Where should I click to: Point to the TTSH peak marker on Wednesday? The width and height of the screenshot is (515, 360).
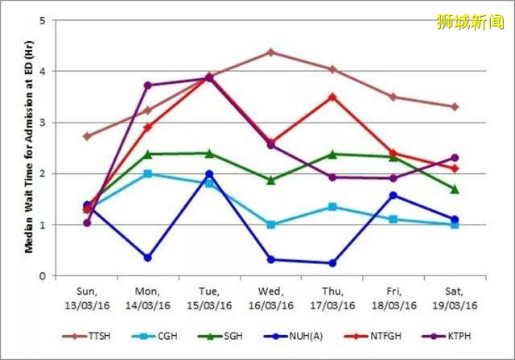[x=270, y=52]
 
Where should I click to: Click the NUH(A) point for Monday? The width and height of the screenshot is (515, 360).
[x=148, y=258]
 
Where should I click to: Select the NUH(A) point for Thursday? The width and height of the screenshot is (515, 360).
[x=332, y=263]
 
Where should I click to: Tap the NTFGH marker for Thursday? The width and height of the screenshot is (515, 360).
[x=332, y=97]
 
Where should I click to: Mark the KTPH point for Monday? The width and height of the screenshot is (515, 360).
[x=148, y=85]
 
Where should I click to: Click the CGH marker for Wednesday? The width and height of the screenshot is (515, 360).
[x=270, y=225]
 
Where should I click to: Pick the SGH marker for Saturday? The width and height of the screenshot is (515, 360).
[x=455, y=189]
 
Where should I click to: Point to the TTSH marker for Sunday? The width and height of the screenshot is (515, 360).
[x=87, y=136]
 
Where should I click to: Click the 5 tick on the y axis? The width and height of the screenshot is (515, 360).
[x=42, y=20]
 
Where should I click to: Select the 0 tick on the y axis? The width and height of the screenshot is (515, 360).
[x=42, y=276]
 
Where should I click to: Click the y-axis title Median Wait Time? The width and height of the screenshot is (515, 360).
[x=29, y=148]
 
